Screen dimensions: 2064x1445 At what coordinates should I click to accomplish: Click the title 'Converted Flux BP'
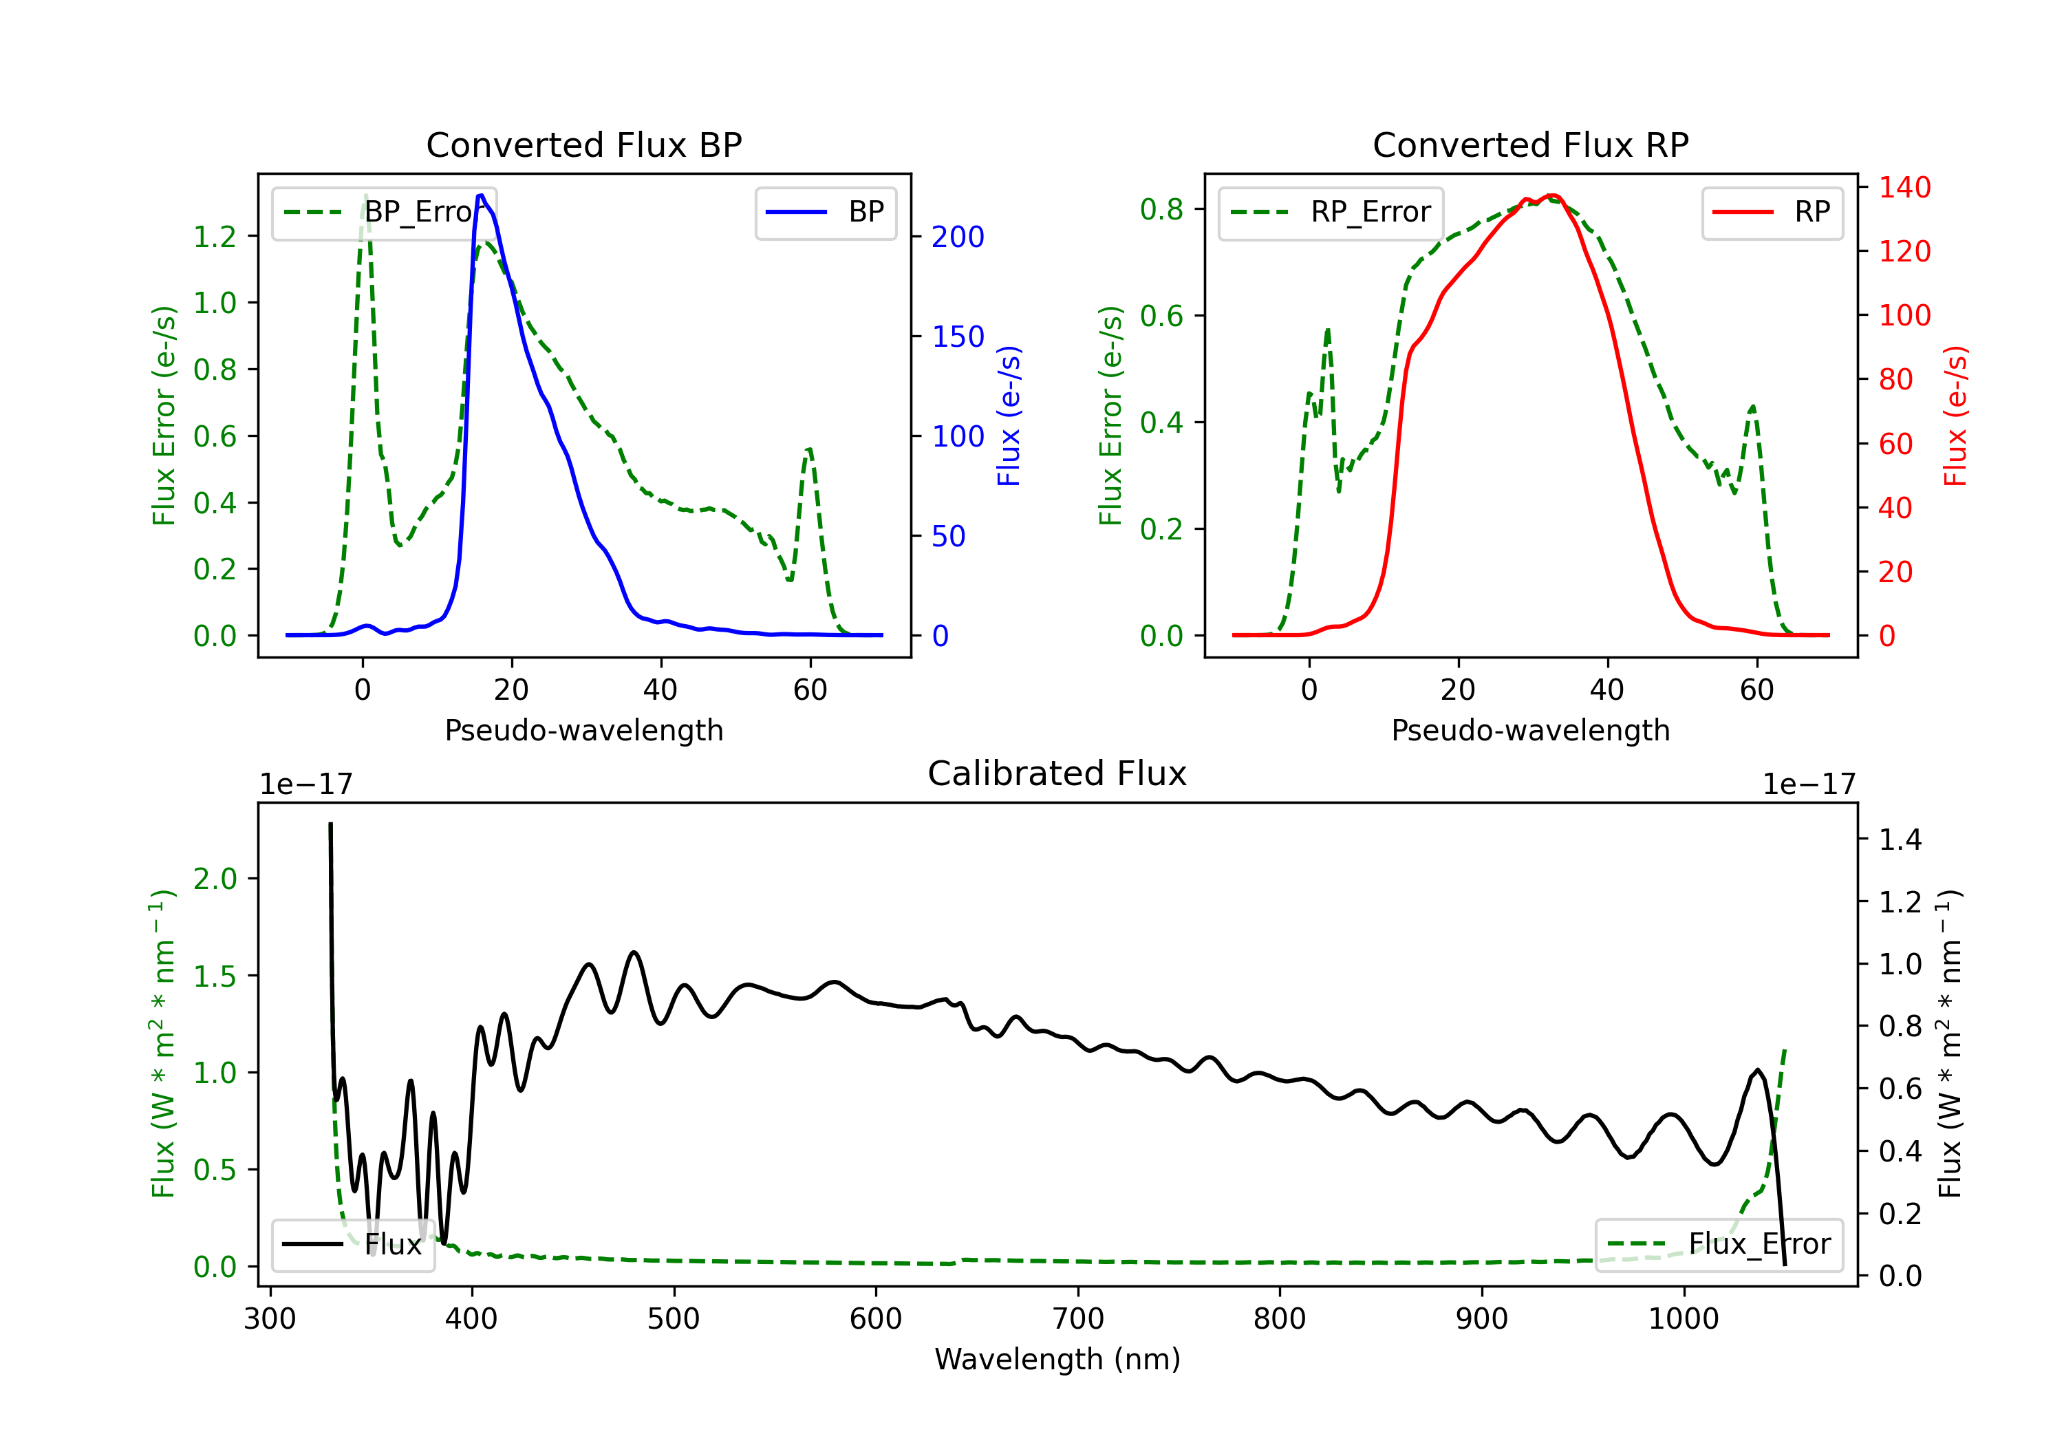583,144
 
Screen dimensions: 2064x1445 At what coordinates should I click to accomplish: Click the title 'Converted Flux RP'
1530,144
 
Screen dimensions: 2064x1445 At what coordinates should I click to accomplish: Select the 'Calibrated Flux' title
1057,773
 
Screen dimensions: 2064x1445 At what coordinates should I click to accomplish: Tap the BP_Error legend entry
385,212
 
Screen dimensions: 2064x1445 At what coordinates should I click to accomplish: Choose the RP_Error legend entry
1331,212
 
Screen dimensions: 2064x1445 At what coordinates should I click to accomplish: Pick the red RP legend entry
1772,212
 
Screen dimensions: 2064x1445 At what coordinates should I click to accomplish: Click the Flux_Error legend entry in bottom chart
1719,1245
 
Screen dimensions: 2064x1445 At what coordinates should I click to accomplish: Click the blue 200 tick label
958,237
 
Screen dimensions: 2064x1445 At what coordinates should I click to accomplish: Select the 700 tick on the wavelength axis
1078,1318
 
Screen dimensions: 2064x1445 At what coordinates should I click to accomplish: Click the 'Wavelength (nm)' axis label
1057,1360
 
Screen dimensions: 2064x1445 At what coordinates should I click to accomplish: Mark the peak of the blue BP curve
481,195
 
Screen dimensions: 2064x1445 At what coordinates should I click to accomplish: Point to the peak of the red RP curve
1551,195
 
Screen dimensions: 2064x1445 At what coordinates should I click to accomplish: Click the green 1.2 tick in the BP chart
215,237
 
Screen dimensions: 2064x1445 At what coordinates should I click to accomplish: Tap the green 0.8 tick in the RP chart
1161,209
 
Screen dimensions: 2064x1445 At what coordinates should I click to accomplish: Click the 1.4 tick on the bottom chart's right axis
1900,840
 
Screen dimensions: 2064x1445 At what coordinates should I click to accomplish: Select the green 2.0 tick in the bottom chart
215,879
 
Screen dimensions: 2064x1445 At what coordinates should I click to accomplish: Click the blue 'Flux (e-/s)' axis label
1009,416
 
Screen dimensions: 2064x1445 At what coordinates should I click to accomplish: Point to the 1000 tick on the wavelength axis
1684,1318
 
